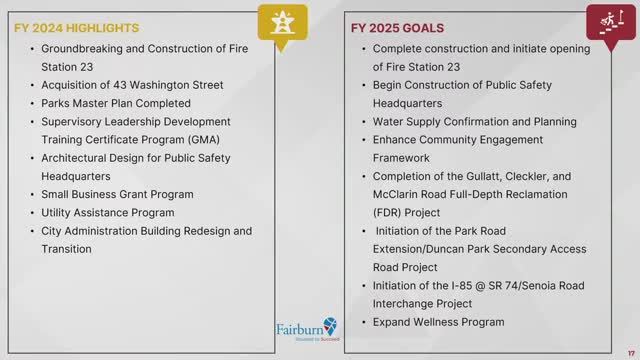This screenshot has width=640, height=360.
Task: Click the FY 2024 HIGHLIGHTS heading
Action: (77, 28)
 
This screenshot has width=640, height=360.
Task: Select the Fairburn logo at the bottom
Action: (307, 331)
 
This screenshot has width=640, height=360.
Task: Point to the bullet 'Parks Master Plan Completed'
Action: (115, 103)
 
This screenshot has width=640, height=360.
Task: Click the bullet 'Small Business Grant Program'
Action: (117, 194)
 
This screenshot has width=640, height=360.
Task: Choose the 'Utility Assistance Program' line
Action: (108, 212)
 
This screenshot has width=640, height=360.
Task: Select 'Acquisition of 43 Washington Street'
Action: (132, 84)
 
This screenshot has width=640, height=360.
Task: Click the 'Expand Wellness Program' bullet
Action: (438, 322)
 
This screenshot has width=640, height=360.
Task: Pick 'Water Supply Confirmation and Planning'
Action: (474, 121)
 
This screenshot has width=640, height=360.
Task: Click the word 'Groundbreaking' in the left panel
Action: (83, 48)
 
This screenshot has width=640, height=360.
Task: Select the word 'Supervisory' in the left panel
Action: (73, 121)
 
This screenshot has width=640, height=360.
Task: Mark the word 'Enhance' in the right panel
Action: (397, 139)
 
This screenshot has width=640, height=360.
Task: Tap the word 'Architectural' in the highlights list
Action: (76, 157)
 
